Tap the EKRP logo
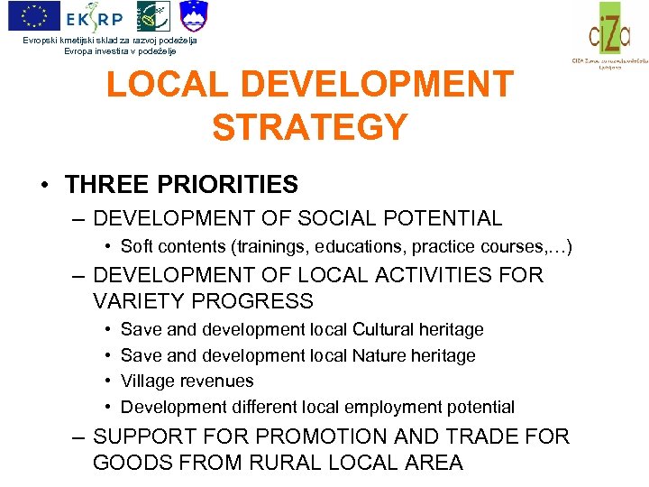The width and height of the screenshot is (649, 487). click(x=94, y=15)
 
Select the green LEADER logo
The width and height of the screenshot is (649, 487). click(x=151, y=15)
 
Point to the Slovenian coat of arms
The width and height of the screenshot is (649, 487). click(x=193, y=15)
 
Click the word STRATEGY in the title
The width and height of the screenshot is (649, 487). click(x=310, y=127)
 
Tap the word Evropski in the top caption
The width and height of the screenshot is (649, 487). click(x=46, y=41)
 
